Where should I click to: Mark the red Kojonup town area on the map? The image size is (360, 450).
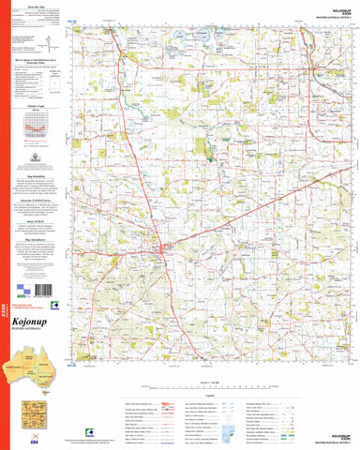point(164,249)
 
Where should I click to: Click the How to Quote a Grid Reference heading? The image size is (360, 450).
point(39,60)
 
